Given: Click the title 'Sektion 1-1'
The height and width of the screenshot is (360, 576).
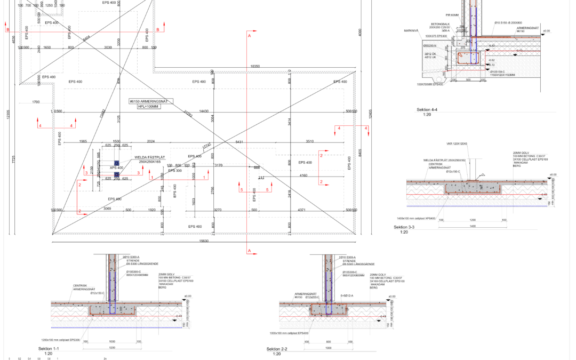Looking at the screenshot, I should (x=49, y=348).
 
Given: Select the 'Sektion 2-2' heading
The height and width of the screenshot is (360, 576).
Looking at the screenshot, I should (x=277, y=349).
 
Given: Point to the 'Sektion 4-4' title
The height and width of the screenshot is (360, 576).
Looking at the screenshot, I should (x=427, y=109).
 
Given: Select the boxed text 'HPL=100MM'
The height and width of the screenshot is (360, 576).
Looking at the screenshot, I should (x=149, y=107).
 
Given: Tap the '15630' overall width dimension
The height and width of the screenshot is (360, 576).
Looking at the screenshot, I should (x=204, y=241).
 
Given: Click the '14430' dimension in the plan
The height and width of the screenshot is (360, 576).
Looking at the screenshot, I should (x=203, y=110).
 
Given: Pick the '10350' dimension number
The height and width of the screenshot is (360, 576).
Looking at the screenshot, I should (x=255, y=67).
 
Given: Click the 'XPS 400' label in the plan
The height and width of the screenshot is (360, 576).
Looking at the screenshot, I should (x=117, y=168).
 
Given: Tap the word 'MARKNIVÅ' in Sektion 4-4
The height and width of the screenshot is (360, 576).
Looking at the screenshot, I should (x=410, y=31).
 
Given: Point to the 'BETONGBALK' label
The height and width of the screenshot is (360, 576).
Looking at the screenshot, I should (x=441, y=24).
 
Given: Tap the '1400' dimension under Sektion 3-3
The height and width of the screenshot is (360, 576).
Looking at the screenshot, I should (x=473, y=226).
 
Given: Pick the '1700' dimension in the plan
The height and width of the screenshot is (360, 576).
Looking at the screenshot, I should (x=36, y=101).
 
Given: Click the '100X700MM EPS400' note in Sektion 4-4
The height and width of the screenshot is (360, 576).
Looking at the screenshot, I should (x=430, y=84).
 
